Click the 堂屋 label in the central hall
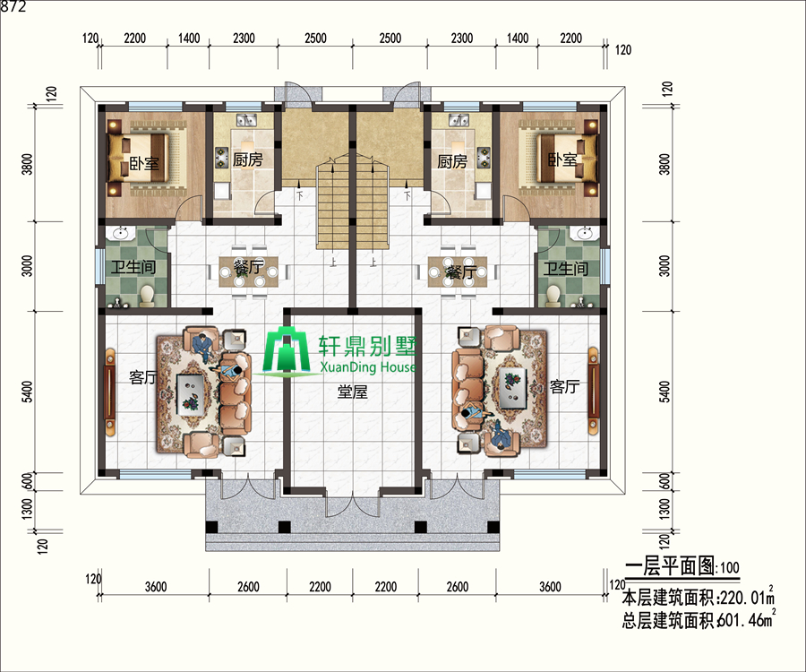[353, 392]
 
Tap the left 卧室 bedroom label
[144, 163]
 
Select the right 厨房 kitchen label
[452, 161]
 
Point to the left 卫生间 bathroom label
[133, 267]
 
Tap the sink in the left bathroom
[121, 234]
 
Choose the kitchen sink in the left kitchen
[247, 120]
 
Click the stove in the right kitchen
[484, 158]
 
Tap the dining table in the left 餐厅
[249, 271]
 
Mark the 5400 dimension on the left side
[28, 392]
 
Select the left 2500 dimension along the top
[315, 38]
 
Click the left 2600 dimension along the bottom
[248, 587]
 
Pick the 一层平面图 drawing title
[670, 565]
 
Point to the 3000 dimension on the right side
[665, 266]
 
